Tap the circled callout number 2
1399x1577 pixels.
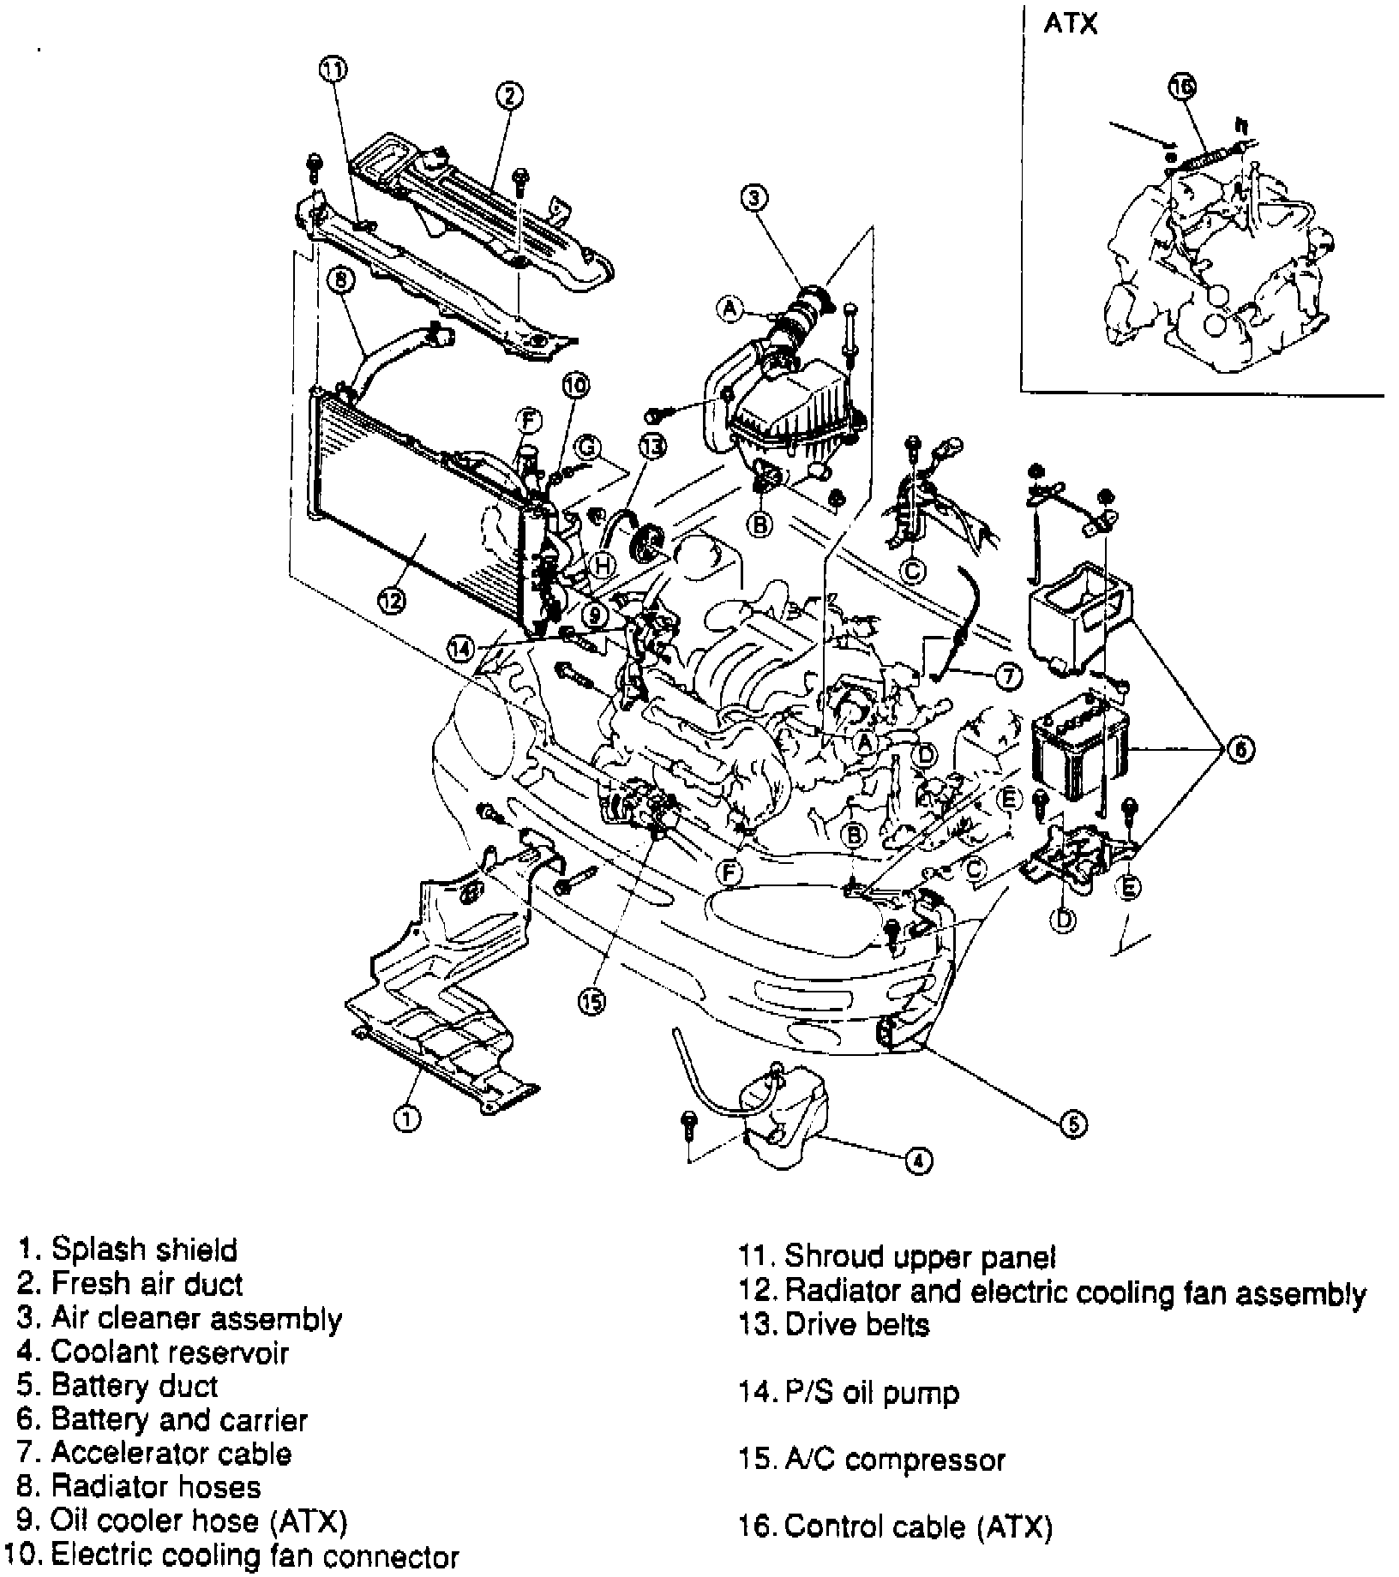click(508, 95)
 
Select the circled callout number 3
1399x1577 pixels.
click(754, 198)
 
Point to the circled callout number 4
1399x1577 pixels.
click(917, 1160)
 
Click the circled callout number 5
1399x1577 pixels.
click(1074, 1124)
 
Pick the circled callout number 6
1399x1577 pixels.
click(1240, 750)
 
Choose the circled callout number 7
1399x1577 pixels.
click(1008, 675)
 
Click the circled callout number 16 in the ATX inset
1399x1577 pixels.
click(1182, 86)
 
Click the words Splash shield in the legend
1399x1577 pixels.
click(144, 1250)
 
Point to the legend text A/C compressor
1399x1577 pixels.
click(895, 1460)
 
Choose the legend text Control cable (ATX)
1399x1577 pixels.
click(918, 1526)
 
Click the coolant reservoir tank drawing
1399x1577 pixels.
click(784, 1114)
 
